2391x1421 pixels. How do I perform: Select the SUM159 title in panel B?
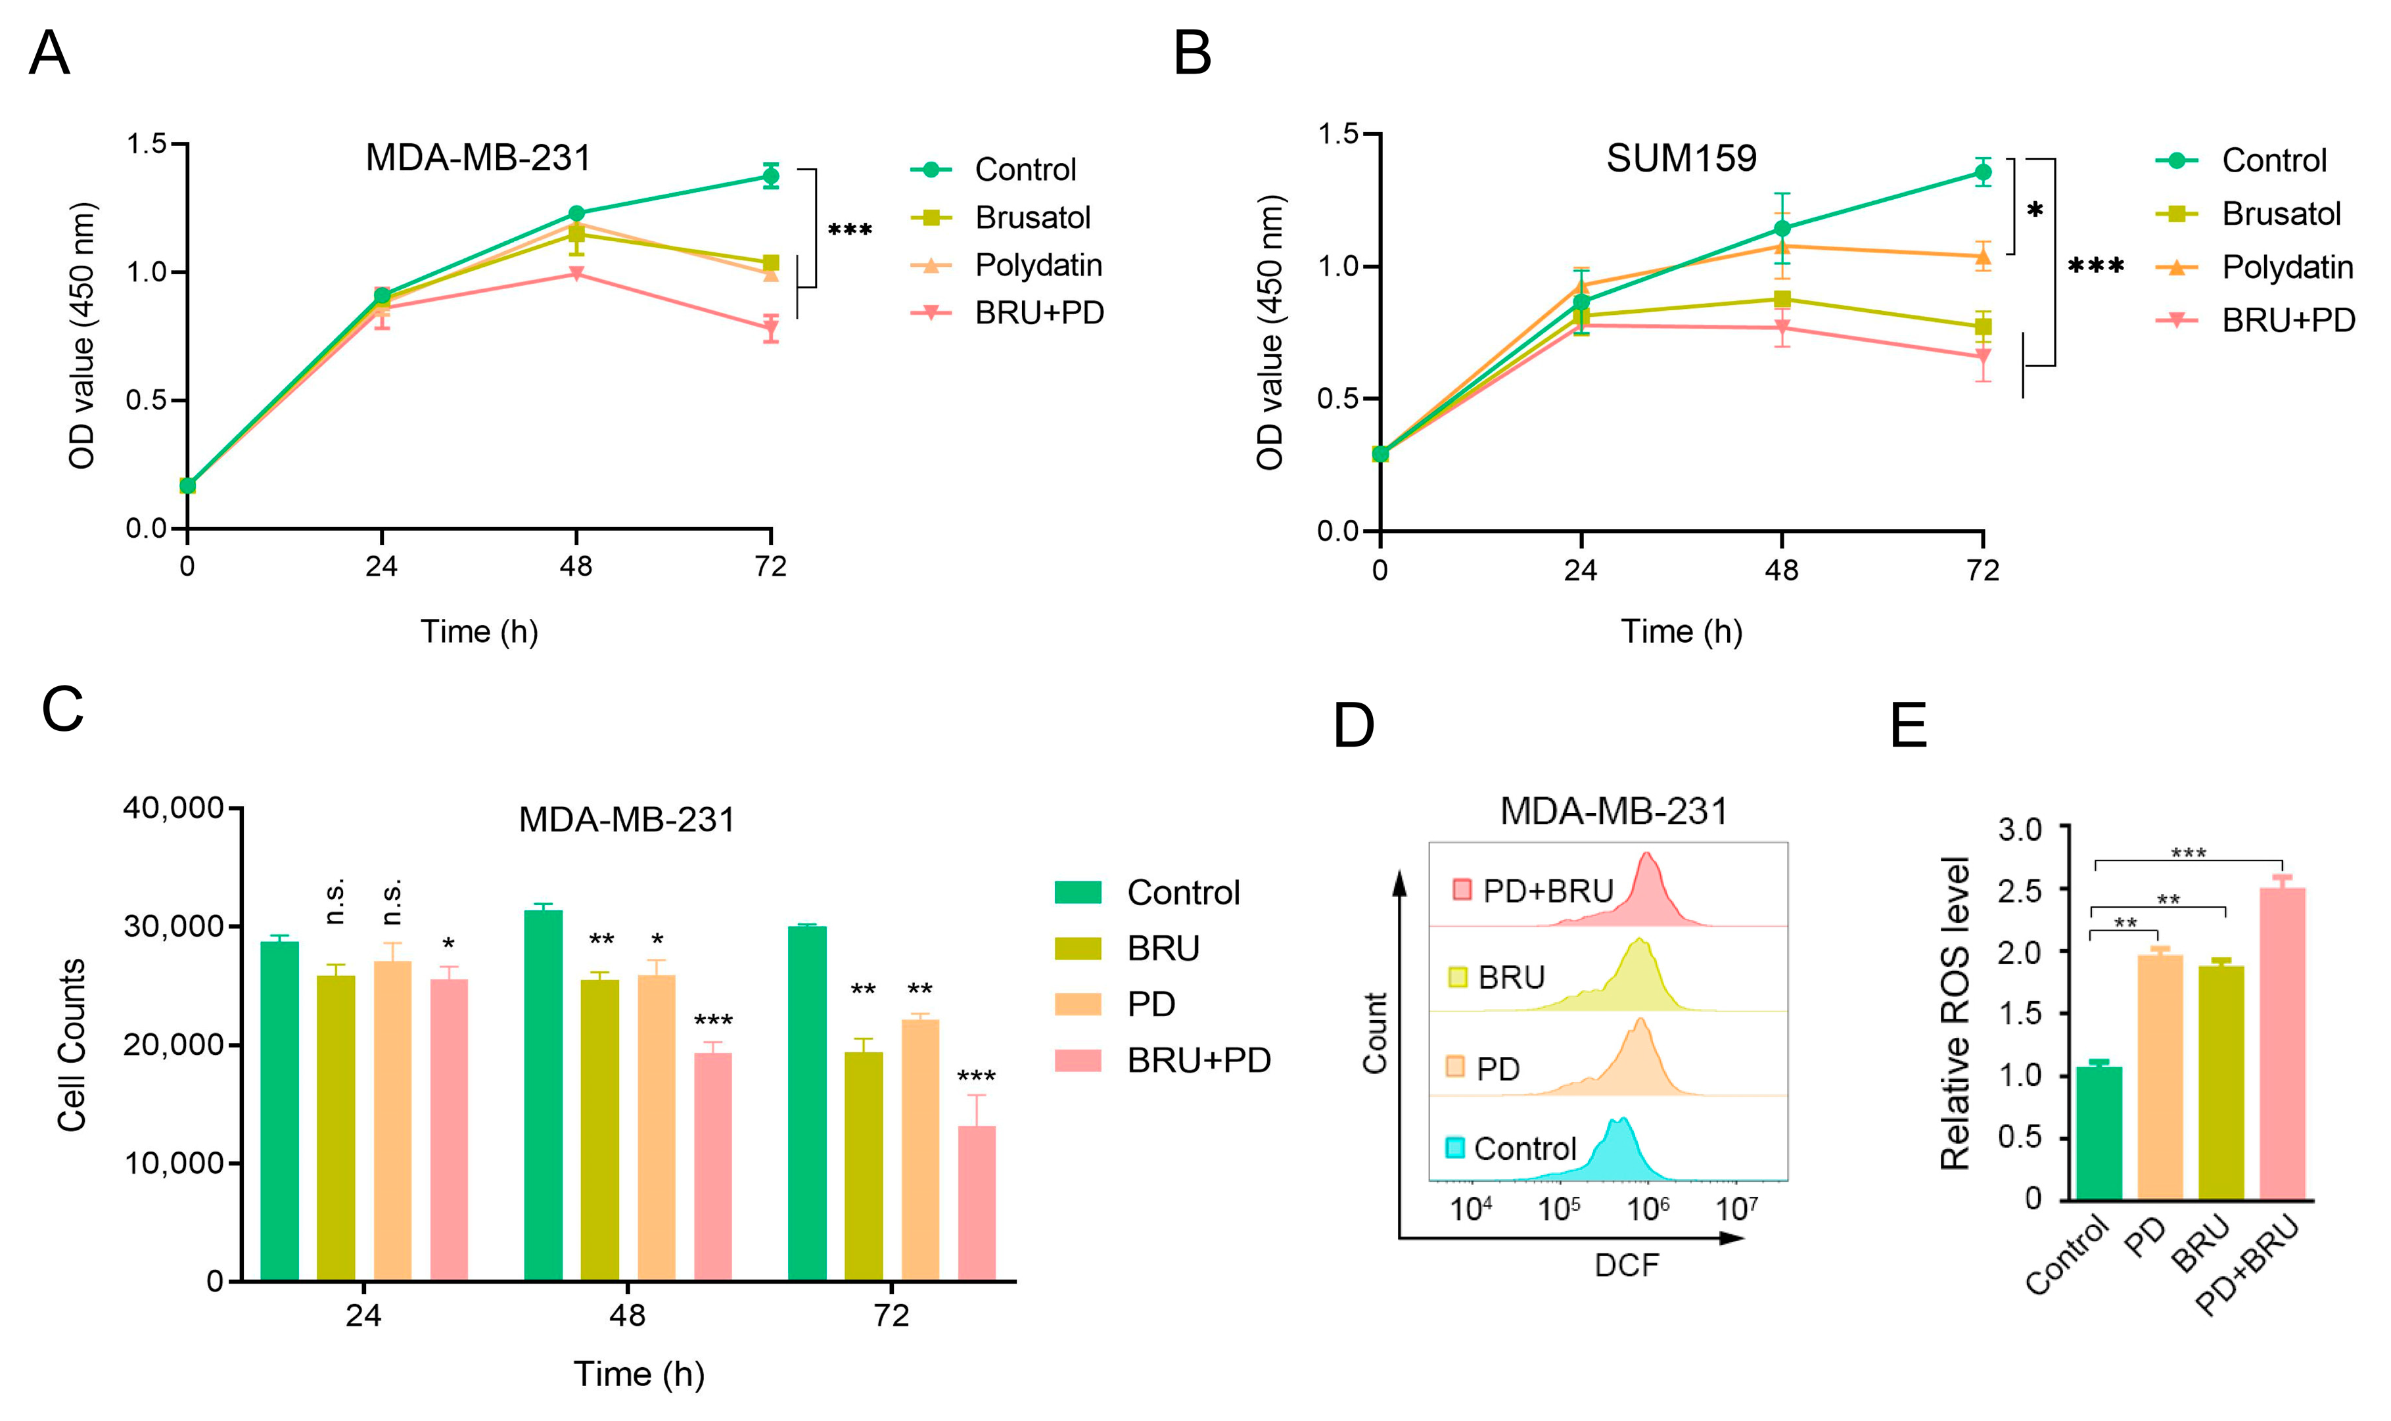(x=1681, y=158)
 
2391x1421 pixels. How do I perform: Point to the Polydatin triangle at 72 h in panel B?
(x=1982, y=256)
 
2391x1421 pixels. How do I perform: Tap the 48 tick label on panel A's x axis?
(x=576, y=567)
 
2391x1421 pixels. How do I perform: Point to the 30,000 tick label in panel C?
(x=174, y=927)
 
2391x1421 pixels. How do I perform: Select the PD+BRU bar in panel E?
(x=2282, y=1044)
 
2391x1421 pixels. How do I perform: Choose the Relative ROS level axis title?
(x=1955, y=1013)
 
